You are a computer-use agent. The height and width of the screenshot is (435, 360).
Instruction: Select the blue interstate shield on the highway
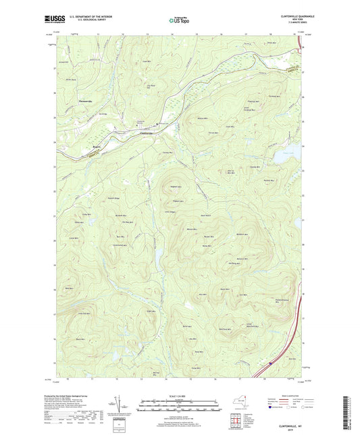click(x=270, y=363)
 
